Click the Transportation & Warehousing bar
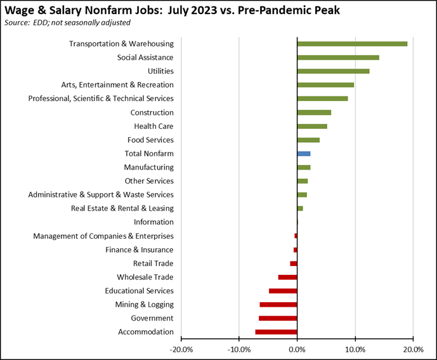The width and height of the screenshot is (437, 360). coord(352,44)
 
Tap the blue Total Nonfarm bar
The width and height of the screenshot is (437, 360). coord(304,154)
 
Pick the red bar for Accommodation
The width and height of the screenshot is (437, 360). coord(276,332)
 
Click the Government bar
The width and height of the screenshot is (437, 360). coord(278,318)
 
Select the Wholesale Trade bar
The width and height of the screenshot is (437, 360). coord(287,277)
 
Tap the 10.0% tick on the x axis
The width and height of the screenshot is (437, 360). coord(355,349)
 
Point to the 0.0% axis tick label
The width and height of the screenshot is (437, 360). coord(297,349)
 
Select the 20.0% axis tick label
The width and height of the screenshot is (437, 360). coord(413,349)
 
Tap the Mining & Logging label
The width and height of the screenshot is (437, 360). coord(144,305)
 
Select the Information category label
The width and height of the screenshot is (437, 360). coord(153,222)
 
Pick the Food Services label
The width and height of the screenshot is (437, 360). coord(150,140)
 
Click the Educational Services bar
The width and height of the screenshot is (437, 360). coord(283,291)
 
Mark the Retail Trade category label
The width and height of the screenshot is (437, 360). coord(153,263)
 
